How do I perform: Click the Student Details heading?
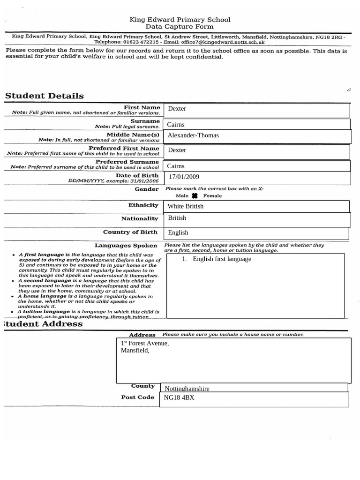coord(45,96)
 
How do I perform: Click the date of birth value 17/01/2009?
coord(184,177)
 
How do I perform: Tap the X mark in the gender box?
coord(195,196)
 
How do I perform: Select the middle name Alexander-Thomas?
coord(193,135)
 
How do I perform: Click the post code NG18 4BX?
coord(179,398)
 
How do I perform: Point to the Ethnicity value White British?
coord(186,206)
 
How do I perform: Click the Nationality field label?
coord(140,218)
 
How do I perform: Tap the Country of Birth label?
coord(131,232)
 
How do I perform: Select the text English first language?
coord(222,259)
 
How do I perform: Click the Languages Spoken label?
coord(126,245)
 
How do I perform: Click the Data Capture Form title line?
coord(180,27)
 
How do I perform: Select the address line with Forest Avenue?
coord(145,343)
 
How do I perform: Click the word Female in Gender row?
coord(212,196)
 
